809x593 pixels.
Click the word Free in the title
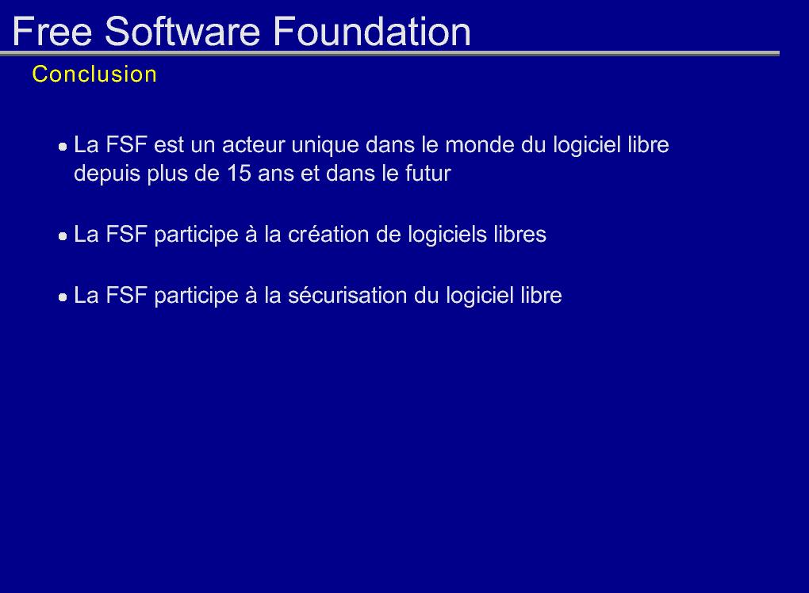52,32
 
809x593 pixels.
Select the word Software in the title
182,32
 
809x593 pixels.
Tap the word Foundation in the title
371,32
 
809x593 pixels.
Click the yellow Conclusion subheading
94,75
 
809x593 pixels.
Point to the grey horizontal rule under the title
389,53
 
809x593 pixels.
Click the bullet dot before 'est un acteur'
63,147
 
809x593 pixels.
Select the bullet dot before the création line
63,237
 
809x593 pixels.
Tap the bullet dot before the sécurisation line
63,297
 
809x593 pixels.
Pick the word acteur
254,146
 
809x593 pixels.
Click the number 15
239,174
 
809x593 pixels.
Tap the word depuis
107,174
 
